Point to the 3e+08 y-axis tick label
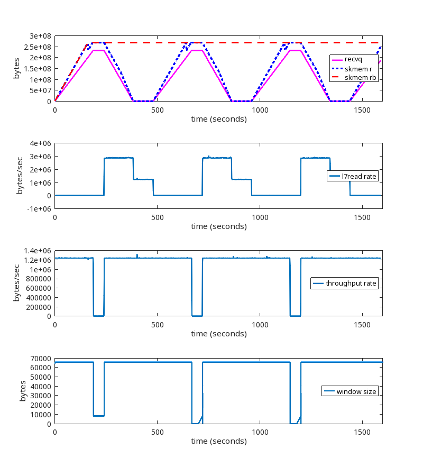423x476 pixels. (41, 36)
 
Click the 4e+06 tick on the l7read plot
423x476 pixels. (41, 143)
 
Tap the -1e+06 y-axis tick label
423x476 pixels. (40, 209)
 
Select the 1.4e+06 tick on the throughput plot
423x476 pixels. (38, 251)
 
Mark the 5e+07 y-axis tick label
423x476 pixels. (41, 90)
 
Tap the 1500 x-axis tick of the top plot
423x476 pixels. (362, 109)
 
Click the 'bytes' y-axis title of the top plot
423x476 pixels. (17, 69)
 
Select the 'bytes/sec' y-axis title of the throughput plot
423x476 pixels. (17, 283)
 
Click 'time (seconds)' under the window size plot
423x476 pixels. (218, 441)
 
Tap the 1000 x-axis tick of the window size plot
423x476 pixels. (260, 432)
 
